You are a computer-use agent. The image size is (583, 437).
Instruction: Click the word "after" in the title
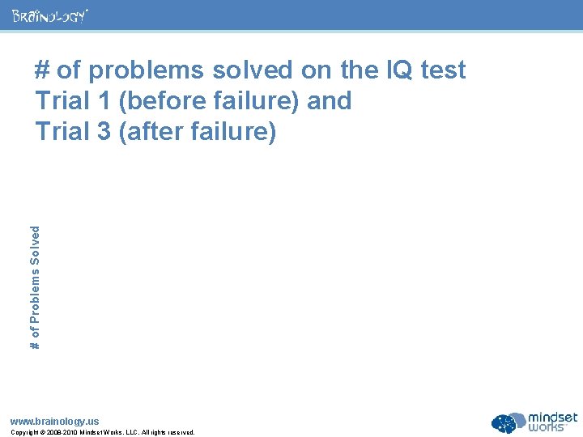[155, 130]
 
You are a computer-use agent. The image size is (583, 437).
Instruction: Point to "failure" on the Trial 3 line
[233, 130]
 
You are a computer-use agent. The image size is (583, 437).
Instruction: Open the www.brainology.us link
[54, 421]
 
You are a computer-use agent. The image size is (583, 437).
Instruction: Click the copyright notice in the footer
[102, 432]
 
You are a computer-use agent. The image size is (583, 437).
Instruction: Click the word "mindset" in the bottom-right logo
[552, 418]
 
